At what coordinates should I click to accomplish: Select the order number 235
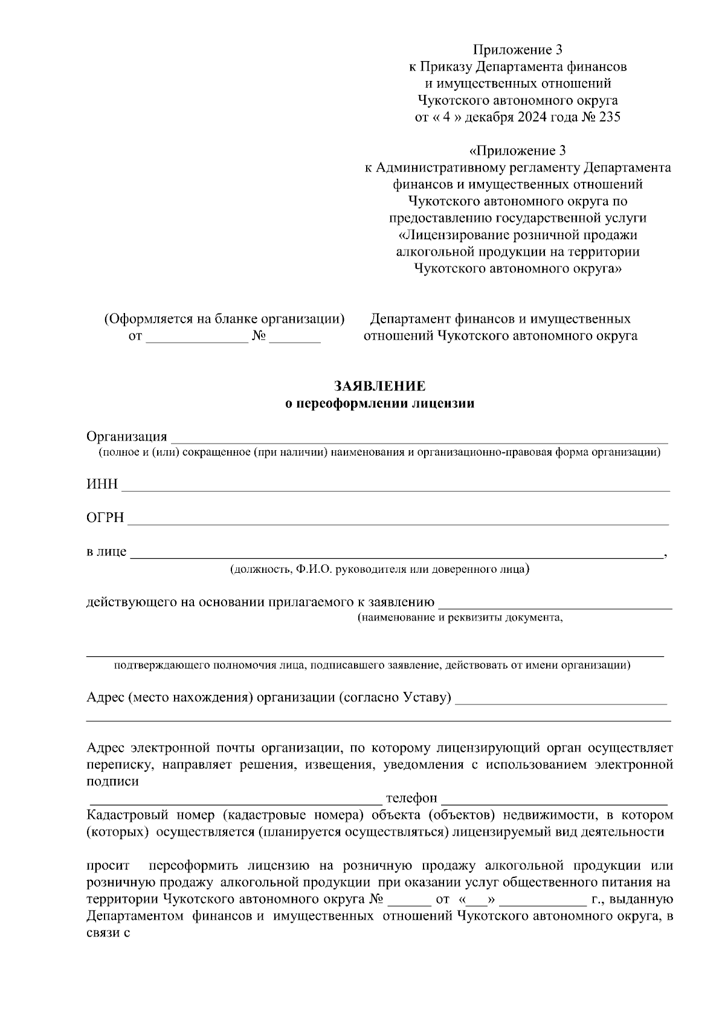(609, 117)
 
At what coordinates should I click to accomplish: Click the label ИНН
(102, 485)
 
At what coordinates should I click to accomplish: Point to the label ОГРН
(105, 518)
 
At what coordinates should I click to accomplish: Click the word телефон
(411, 798)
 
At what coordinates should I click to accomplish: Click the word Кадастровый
(121, 815)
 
